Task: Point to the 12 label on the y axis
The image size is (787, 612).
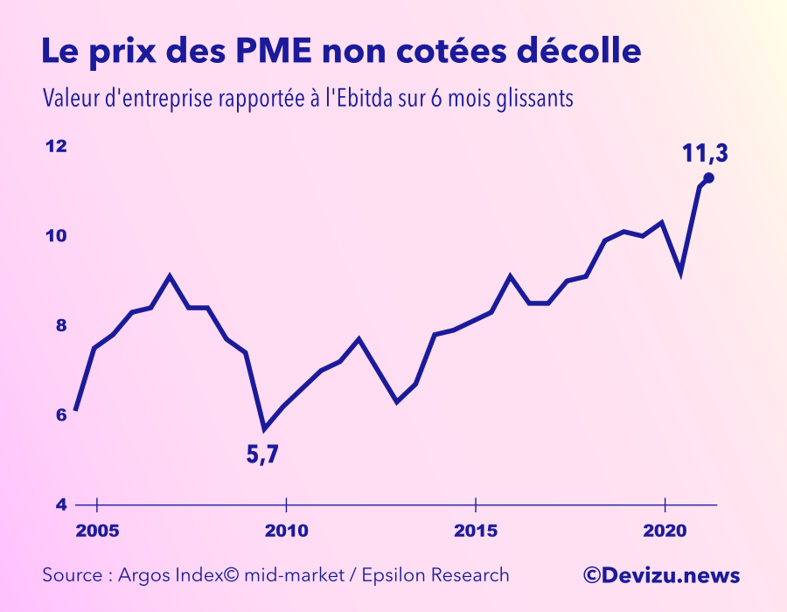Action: click(x=56, y=146)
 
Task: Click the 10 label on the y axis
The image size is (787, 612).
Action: click(x=56, y=236)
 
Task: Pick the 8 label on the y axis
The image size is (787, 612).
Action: click(x=60, y=325)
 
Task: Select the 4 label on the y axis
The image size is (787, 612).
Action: click(x=60, y=505)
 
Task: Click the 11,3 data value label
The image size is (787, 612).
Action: click(x=705, y=154)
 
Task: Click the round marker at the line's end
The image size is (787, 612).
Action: click(x=709, y=178)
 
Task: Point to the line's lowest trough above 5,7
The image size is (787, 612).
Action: click(x=265, y=428)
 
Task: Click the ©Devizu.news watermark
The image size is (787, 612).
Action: click(x=662, y=575)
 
